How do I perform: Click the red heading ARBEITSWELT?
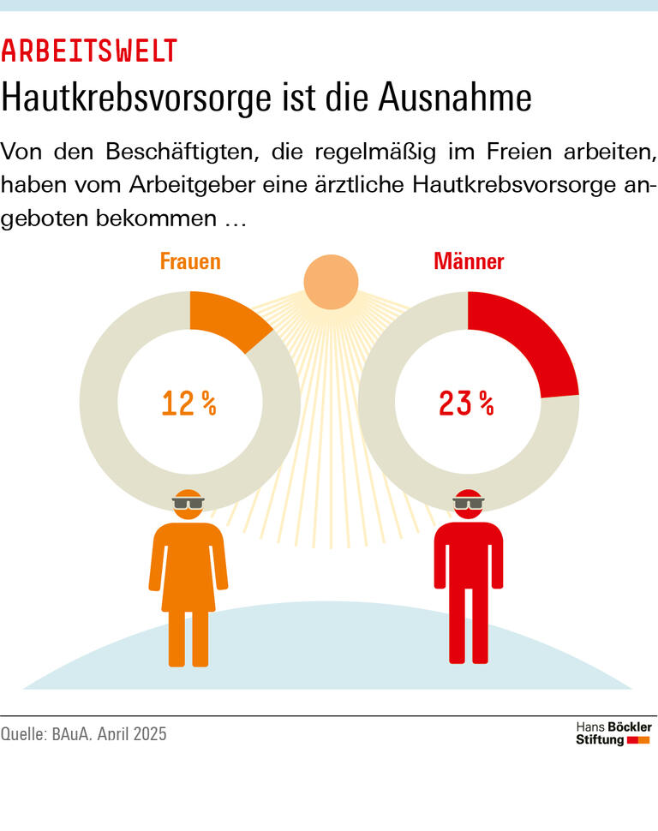coord(89,51)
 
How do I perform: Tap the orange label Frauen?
coord(190,261)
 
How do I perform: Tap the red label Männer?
coord(469,261)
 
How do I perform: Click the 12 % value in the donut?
coord(189,403)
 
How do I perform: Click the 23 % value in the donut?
coord(467,403)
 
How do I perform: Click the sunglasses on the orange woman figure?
coord(188,504)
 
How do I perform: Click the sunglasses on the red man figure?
coord(468,504)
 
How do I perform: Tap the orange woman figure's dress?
coord(188,570)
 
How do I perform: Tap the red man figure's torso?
coord(468,557)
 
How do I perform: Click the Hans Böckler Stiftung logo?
coord(613,733)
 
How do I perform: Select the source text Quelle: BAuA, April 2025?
coord(84,734)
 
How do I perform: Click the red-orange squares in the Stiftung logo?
coord(638,740)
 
